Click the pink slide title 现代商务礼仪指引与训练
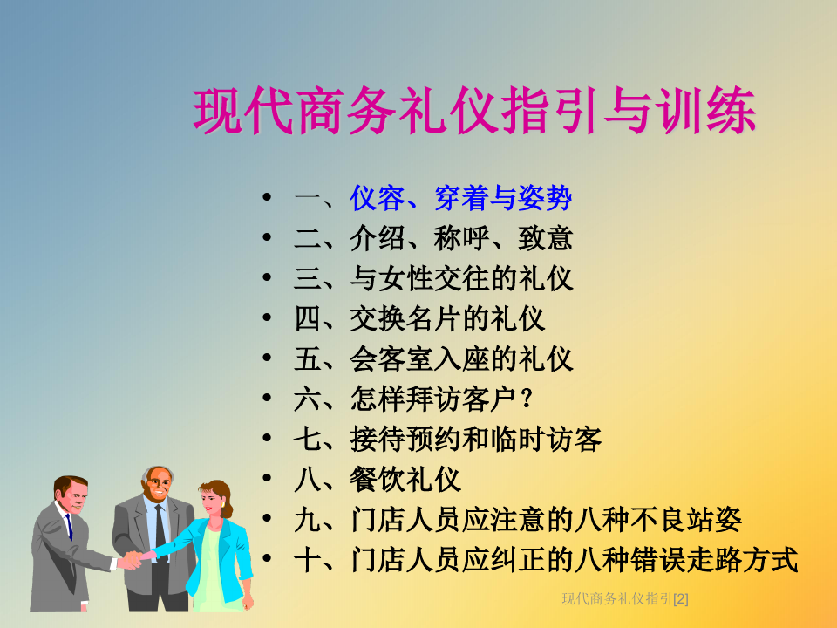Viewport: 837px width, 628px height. pyautogui.click(x=474, y=111)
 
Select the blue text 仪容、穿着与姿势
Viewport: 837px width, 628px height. pyautogui.click(x=461, y=198)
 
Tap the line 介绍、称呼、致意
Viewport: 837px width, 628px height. pyautogui.click(x=461, y=238)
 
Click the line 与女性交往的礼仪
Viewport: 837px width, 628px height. pyautogui.click(x=461, y=278)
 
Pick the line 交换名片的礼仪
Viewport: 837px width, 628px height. pyautogui.click(x=447, y=319)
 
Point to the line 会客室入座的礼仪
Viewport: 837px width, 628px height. pyautogui.click(x=461, y=358)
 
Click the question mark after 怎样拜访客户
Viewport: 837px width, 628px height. pyautogui.click(x=527, y=399)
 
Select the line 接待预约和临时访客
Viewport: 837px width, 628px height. pyautogui.click(x=476, y=439)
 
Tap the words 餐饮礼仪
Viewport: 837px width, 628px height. pyautogui.click(x=405, y=479)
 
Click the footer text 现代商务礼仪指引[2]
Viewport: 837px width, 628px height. pyautogui.click(x=625, y=599)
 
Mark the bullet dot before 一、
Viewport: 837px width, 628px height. pyautogui.click(x=267, y=197)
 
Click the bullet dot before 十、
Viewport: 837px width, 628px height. pyautogui.click(x=267, y=558)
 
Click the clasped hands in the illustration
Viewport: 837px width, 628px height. pyautogui.click(x=133, y=559)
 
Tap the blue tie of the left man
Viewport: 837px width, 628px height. pyautogui.click(x=69, y=526)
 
